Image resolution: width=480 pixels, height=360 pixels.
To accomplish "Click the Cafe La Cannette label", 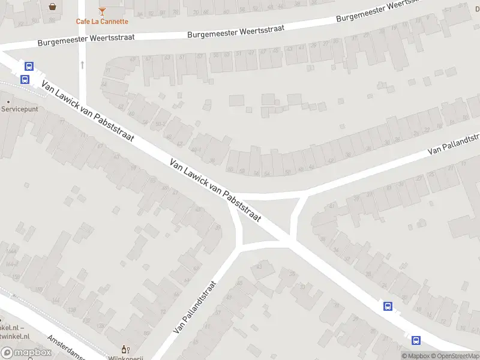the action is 102,22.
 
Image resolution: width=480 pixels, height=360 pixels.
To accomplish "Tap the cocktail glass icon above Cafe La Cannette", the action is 102,11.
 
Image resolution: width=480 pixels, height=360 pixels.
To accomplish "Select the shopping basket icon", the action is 53,7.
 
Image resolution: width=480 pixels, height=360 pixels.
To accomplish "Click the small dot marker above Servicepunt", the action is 8,101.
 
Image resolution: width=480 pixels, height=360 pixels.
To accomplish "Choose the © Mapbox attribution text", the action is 416,356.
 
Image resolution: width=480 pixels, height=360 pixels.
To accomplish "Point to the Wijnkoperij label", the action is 127,358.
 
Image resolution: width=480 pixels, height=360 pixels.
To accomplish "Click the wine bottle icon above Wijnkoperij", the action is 125,349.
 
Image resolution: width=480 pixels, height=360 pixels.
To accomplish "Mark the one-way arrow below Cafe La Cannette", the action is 82,63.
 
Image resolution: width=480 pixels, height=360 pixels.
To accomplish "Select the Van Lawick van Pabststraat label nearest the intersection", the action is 215,190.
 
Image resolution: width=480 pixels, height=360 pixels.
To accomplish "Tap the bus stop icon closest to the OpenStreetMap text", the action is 415,340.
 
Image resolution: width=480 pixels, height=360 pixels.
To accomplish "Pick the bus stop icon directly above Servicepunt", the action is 25,79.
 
